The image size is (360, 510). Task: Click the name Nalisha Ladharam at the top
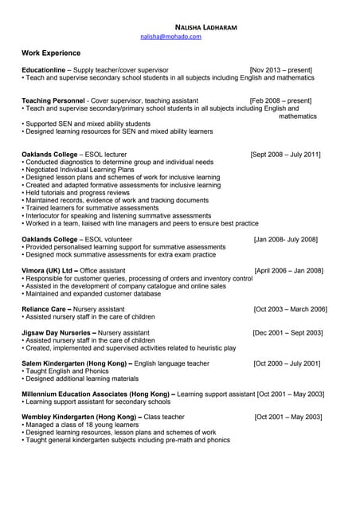click(200, 27)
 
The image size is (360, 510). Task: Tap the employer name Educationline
click(44, 70)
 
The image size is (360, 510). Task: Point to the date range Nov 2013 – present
click(281, 70)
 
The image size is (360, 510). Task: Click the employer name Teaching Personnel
click(53, 100)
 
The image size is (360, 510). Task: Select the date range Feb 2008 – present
click(281, 100)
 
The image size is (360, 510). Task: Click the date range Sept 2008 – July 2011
click(286, 154)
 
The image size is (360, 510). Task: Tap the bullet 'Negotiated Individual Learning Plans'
click(79, 169)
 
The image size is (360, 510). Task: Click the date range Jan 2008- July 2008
click(286, 239)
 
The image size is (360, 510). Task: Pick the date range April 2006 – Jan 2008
click(288, 270)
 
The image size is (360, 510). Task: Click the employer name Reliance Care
click(46, 308)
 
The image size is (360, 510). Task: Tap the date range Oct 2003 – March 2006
click(290, 308)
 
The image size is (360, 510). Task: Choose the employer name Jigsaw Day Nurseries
click(57, 332)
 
